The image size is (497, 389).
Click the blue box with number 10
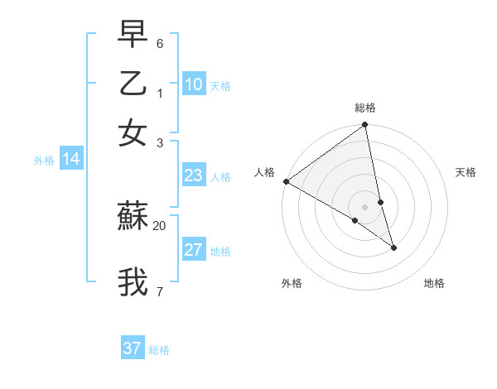(194, 84)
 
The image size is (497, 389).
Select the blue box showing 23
(194, 175)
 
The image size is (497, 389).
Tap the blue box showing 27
(194, 250)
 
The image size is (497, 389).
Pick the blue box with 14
(71, 160)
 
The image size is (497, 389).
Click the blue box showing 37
(133, 348)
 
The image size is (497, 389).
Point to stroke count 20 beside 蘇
(159, 225)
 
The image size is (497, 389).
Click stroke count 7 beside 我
(159, 291)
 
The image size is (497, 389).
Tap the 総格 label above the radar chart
(365, 108)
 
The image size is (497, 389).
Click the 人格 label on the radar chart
(265, 172)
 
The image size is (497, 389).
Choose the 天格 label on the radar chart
(466, 172)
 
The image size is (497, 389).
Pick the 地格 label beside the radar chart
(434, 283)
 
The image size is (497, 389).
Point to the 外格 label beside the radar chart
(292, 283)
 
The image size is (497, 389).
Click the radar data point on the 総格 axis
(364, 126)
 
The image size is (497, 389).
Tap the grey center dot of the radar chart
(364, 206)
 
